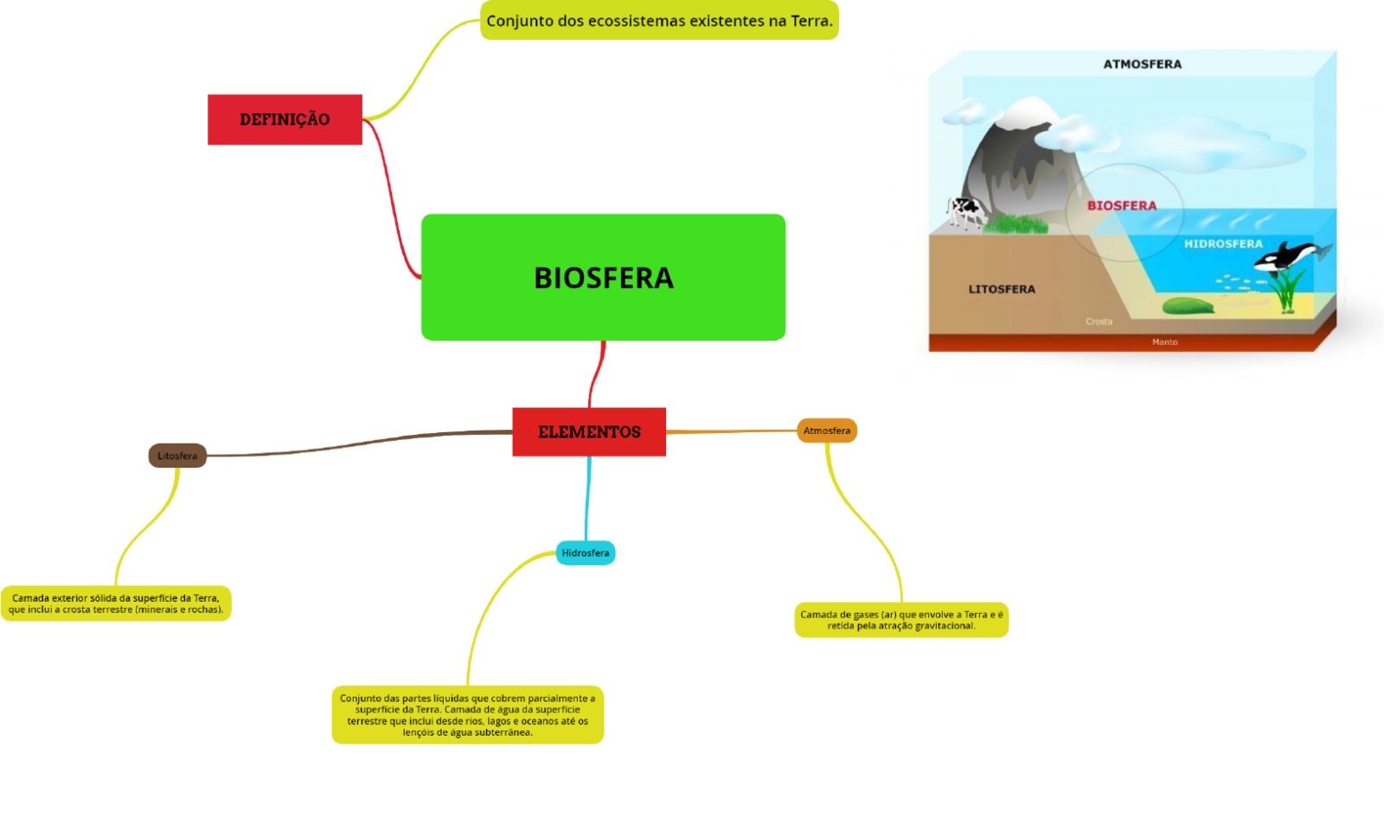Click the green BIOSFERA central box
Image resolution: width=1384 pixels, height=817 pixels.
[x=603, y=277]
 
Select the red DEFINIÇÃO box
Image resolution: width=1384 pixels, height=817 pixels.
[x=285, y=119]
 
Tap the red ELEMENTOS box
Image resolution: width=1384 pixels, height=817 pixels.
[x=589, y=431]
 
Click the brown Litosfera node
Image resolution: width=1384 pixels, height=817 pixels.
[x=177, y=456]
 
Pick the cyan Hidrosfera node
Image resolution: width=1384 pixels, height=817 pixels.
[x=586, y=552]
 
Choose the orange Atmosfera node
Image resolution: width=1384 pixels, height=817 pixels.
[x=827, y=431]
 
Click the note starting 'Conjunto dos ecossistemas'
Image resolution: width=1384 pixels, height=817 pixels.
[x=659, y=21]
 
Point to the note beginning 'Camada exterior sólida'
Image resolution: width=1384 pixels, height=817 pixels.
[x=116, y=603]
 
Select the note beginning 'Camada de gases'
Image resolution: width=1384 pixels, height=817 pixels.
[x=901, y=620]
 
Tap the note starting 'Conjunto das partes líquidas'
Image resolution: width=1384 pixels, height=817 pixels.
[x=467, y=715]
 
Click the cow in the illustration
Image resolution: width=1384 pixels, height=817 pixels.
[x=964, y=211]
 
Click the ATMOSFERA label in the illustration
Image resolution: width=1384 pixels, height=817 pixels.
[x=1142, y=64]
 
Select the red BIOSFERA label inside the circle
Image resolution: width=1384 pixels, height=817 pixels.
[x=1121, y=206]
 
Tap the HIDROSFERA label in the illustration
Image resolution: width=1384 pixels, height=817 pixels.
[x=1223, y=244]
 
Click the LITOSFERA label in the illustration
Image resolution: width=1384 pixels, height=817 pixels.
[x=1002, y=289]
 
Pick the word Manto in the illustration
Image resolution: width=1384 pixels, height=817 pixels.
[x=1164, y=342]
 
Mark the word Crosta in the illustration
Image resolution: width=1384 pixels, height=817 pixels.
[x=1099, y=322]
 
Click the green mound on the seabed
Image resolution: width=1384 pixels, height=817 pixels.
[x=1187, y=306]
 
